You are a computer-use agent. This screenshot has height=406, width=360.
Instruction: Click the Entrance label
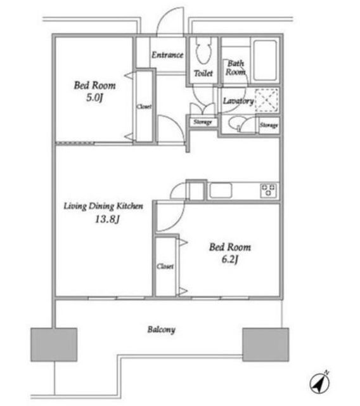[x=167, y=55]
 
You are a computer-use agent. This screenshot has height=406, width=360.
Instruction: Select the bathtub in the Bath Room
[x=265, y=60]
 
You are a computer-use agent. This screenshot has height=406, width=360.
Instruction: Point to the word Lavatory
[x=238, y=101]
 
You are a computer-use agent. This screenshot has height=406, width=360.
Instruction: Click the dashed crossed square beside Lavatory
[x=266, y=100]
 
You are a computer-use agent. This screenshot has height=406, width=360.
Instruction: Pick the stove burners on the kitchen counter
[x=268, y=190]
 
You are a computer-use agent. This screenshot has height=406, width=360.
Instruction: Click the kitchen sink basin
[x=221, y=190]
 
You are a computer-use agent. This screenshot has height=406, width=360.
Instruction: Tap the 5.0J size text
[x=94, y=98]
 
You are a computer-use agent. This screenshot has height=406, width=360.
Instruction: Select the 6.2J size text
[x=229, y=259]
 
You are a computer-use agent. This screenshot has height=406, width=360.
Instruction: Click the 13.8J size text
[x=107, y=219]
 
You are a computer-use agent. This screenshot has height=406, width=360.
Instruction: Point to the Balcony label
[x=162, y=330]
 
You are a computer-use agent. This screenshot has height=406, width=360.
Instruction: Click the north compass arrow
[x=320, y=383]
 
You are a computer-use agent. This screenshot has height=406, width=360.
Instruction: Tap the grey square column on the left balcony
[x=54, y=344]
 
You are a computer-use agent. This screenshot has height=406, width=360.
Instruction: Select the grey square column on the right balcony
[x=266, y=344]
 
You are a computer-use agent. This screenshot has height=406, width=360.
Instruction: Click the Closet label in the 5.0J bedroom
[x=144, y=107]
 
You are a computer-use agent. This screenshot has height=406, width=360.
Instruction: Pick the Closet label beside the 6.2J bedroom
[x=165, y=266]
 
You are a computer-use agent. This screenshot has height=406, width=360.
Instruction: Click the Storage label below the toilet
[x=203, y=122]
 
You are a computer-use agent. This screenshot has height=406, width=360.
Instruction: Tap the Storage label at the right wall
[x=269, y=126]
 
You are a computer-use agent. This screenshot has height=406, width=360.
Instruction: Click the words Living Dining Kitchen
[x=103, y=206]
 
